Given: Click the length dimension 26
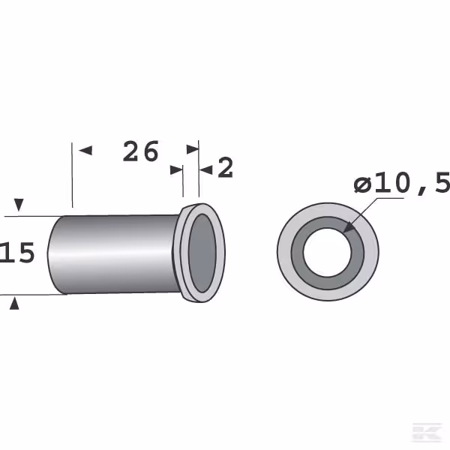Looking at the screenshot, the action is tap(141, 151).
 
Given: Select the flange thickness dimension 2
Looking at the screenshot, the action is tap(225, 167).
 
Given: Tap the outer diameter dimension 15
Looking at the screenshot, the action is tap(17, 253).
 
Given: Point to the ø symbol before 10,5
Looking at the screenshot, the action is tap(362, 184).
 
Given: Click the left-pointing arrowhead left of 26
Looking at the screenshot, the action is tap(85, 151).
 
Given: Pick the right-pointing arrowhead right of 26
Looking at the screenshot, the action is tap(193, 149).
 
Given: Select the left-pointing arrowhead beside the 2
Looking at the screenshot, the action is tap(206, 170).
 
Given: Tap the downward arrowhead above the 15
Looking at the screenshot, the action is tap(19, 205).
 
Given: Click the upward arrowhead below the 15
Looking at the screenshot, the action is tap(14, 304).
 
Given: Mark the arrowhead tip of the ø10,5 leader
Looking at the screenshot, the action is tap(343, 232).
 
